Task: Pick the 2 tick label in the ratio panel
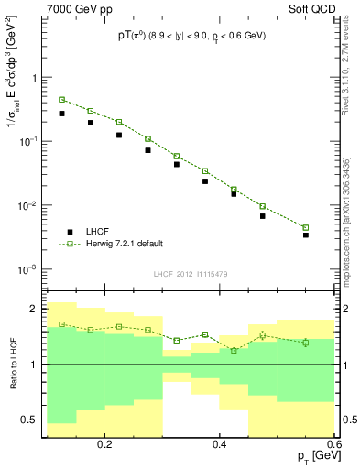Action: [35, 309]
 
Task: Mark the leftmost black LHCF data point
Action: [61, 114]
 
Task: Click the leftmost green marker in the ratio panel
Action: [61, 324]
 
